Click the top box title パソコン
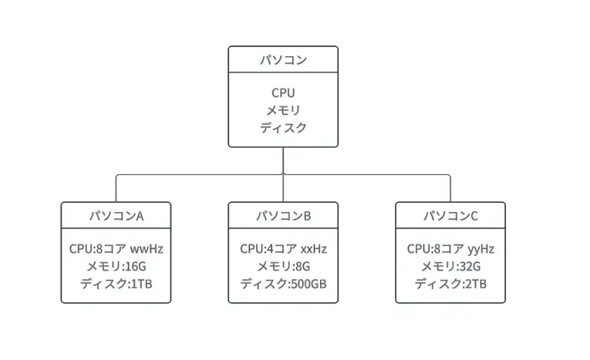click(283, 60)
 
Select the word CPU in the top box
click(283, 93)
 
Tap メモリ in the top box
click(283, 110)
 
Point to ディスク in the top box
click(283, 127)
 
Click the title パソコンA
click(116, 216)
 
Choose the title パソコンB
click(283, 216)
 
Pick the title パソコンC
click(450, 216)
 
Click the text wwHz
click(147, 249)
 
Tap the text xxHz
click(314, 249)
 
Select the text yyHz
click(481, 250)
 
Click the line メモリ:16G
click(116, 266)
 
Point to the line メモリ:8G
click(283, 266)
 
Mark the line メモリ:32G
click(450, 266)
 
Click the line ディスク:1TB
click(116, 284)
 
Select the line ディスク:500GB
click(283, 284)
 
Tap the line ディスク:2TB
click(450, 284)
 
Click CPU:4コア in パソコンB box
click(268, 249)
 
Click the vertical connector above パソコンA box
click(116, 189)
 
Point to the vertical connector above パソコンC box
click(450, 189)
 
